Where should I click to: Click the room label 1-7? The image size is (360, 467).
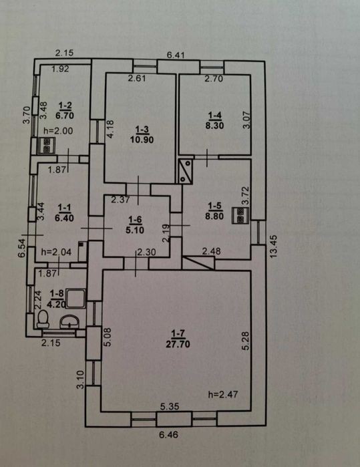tap(178, 333)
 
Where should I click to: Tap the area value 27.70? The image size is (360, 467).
tap(178, 344)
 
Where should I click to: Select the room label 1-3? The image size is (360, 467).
tap(142, 129)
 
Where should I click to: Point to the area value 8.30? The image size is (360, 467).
tap(214, 126)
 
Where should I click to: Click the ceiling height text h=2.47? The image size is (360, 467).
tap(223, 395)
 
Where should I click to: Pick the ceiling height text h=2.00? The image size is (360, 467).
tap(58, 130)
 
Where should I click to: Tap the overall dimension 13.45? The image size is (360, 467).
tap(274, 247)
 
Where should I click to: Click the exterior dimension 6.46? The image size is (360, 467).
tap(168, 435)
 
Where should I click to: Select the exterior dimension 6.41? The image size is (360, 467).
tap(176, 55)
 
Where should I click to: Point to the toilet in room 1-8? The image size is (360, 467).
tap(43, 318)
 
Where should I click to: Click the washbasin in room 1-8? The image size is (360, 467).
tap(69, 322)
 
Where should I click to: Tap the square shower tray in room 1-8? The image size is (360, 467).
tap(75, 299)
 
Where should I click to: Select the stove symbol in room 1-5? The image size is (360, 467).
tap(240, 215)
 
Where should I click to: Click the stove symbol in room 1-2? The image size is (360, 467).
tap(46, 146)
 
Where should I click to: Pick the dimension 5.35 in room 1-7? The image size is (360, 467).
tap(170, 407)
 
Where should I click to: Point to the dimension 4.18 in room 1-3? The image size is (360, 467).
tap(110, 129)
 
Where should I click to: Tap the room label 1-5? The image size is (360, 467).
tap(214, 206)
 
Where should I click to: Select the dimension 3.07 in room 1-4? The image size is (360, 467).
tap(247, 120)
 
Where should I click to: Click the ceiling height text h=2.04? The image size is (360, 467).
tap(56, 252)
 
